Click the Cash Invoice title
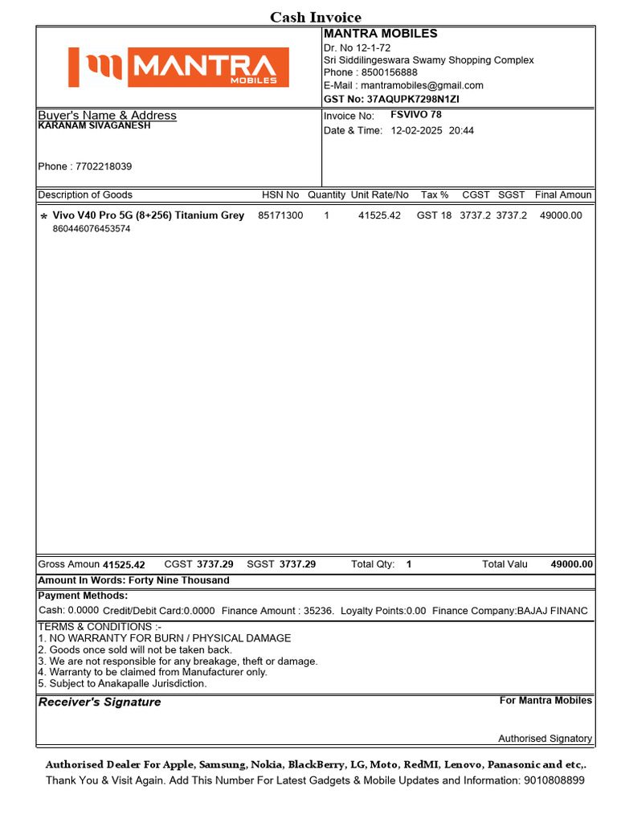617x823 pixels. (x=315, y=17)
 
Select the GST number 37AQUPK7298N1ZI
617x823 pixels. (x=415, y=99)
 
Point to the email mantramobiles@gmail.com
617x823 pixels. (x=422, y=85)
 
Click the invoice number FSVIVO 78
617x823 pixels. (x=415, y=115)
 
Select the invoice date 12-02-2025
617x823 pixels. (x=417, y=130)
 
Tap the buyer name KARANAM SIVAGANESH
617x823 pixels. (x=95, y=126)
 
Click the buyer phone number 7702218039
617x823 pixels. (x=104, y=166)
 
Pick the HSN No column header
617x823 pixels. (x=280, y=194)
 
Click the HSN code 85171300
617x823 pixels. (x=280, y=215)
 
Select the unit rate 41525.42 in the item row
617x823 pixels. (x=379, y=215)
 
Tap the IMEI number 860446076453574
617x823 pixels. (x=92, y=229)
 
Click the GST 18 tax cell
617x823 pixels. (x=434, y=215)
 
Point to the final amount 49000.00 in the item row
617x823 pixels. (x=561, y=215)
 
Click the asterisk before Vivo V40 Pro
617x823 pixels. (x=43, y=217)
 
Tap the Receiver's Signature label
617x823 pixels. (x=100, y=702)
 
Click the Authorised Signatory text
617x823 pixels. (x=545, y=738)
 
